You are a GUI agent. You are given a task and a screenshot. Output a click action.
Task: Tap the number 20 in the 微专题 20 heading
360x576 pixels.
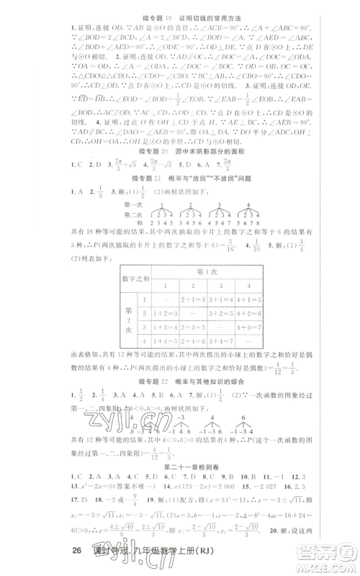166,153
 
